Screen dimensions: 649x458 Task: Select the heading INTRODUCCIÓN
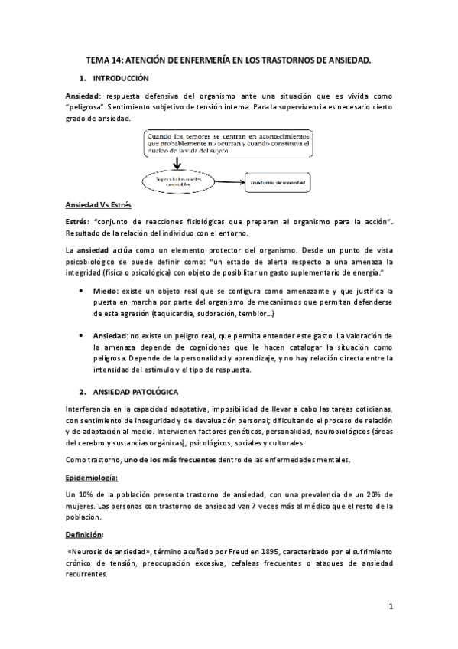[120, 78]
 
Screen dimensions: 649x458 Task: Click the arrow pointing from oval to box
[227, 181]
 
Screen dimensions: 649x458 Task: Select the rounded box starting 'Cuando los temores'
[229, 142]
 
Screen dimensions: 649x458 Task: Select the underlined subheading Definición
[86, 533]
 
